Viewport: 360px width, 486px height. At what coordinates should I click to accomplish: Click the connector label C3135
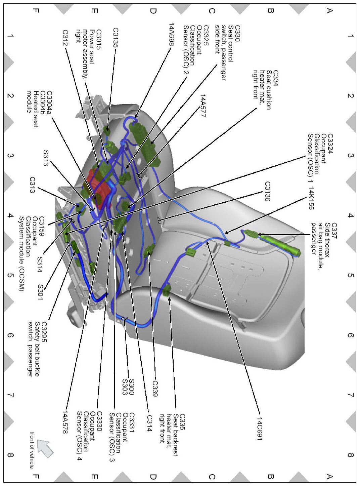(x=116, y=38)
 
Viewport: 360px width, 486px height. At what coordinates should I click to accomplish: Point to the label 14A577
(x=203, y=106)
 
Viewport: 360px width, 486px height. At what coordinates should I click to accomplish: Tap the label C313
(x=32, y=185)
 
